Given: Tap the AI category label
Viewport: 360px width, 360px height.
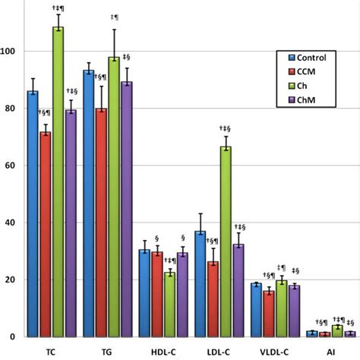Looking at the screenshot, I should click(332, 352).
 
